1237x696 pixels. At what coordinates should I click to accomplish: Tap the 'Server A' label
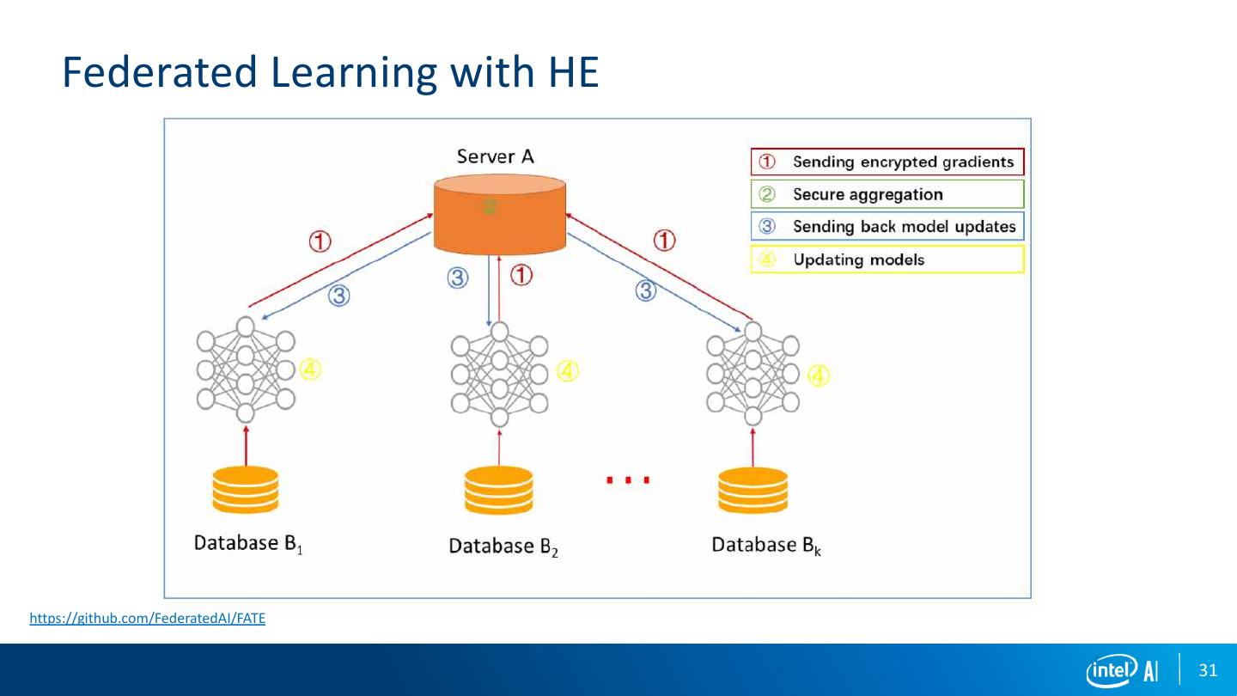pos(496,156)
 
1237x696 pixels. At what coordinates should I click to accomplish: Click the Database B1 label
pos(248,544)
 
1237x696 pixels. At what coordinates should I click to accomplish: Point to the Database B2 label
pos(504,546)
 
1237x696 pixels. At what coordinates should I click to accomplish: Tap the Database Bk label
pos(766,545)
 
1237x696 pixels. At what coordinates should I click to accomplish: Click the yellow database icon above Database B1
pos(247,489)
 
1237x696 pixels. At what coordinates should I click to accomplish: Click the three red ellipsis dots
pos(628,480)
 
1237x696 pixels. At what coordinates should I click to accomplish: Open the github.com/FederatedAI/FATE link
pos(148,618)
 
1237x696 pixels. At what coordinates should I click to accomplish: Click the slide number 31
pos(1208,670)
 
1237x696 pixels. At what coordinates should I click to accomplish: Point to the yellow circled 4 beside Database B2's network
pos(568,371)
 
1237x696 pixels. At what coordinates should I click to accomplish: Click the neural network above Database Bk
pos(753,374)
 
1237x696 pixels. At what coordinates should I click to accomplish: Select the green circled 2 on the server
pos(490,206)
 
